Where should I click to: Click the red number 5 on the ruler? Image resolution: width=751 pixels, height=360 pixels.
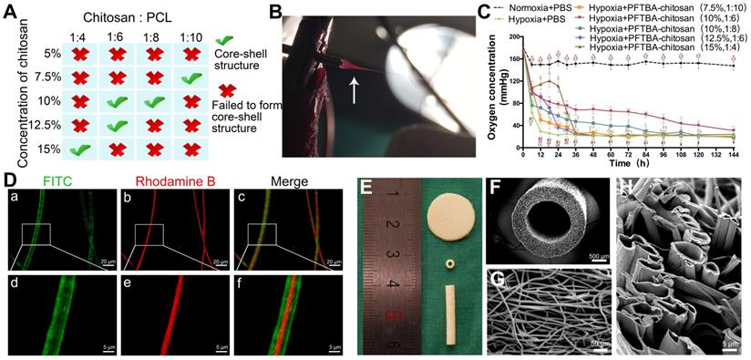393,319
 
